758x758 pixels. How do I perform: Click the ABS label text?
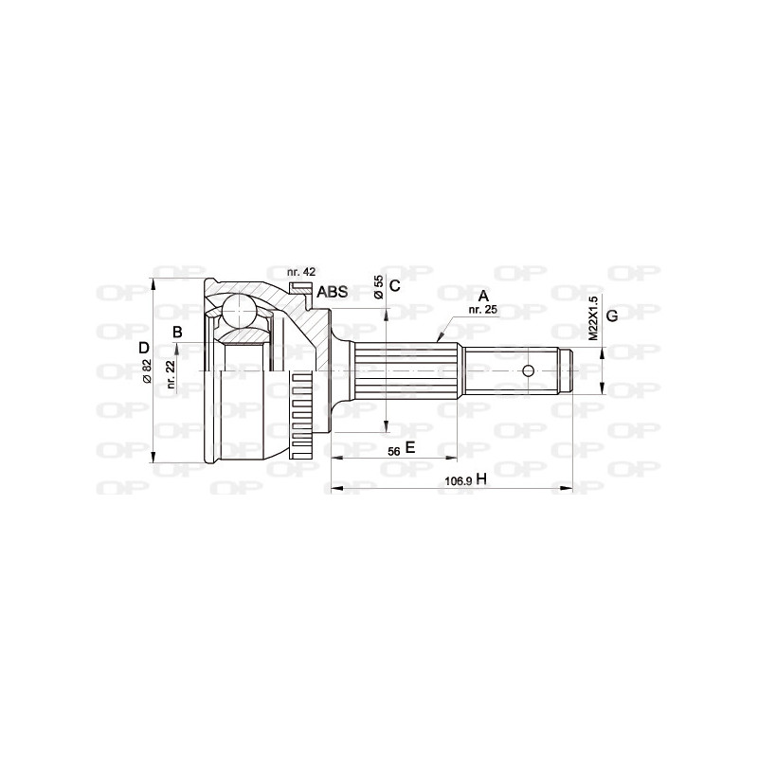[332, 292]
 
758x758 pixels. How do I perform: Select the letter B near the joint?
[176, 331]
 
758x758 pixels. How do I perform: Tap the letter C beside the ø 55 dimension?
[395, 285]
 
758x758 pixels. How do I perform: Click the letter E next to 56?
[410, 447]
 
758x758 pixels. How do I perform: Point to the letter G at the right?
[612, 315]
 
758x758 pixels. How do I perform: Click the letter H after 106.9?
[481, 480]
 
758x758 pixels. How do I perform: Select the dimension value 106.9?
[458, 481]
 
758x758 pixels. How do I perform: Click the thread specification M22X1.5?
[593, 317]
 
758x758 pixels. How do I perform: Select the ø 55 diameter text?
[378, 287]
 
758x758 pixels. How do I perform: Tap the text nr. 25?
[482, 310]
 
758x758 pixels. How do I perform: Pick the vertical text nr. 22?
[171, 374]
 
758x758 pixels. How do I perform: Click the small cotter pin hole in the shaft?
[531, 370]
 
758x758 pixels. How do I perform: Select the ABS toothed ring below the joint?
[302, 417]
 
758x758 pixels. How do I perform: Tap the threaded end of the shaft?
[567, 370]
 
